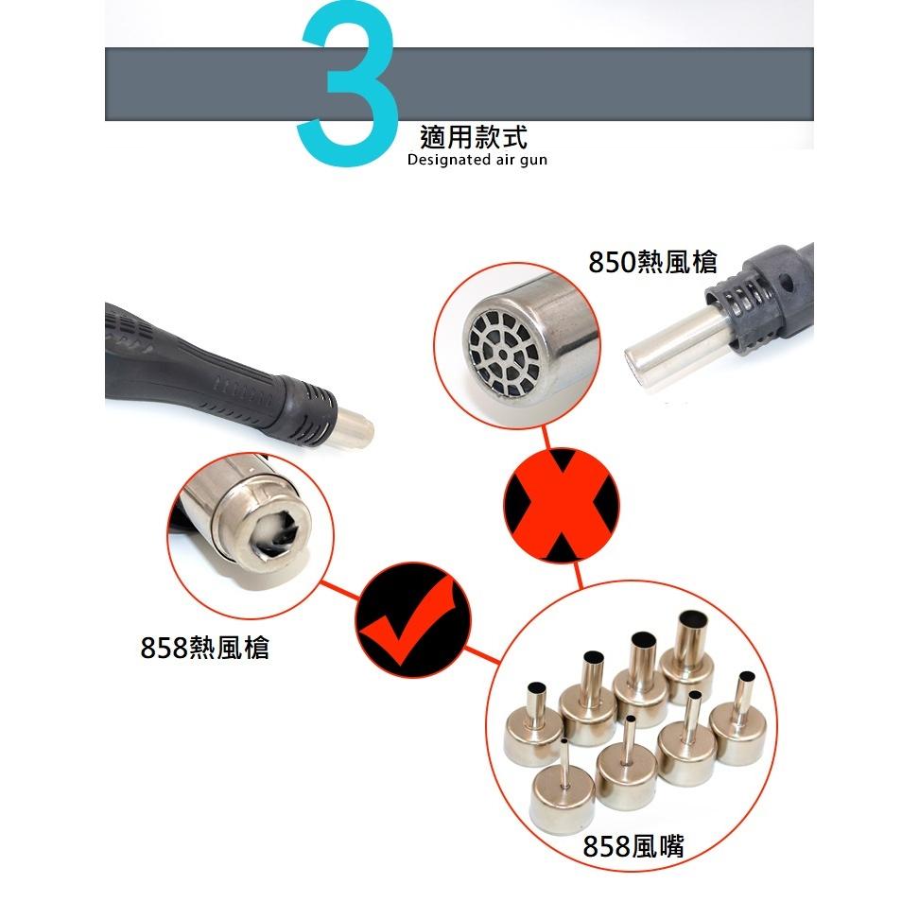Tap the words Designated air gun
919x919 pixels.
pos(477,161)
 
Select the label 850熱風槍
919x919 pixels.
pos(652,262)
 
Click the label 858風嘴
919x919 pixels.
pos(633,845)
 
